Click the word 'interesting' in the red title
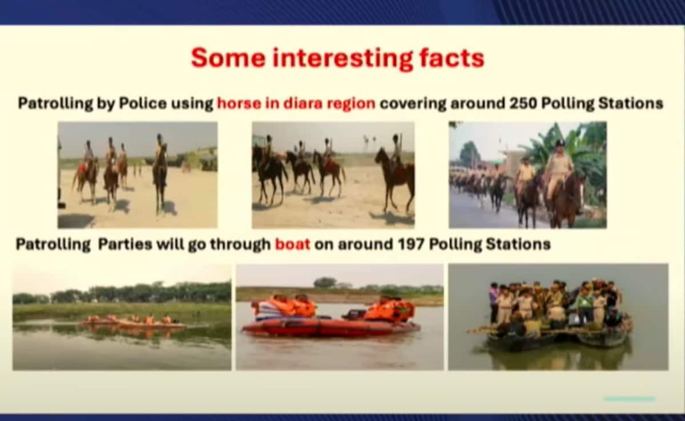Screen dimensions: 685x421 342,59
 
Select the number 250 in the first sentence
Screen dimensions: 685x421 523,104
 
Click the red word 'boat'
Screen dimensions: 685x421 293,244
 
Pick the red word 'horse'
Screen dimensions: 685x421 239,104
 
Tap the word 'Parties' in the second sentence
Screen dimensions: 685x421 125,244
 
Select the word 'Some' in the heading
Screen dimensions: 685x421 228,58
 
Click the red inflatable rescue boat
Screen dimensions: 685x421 331,327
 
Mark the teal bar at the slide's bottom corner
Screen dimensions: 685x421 629,399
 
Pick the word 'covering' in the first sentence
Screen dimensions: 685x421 413,104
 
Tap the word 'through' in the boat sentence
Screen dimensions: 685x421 240,244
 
